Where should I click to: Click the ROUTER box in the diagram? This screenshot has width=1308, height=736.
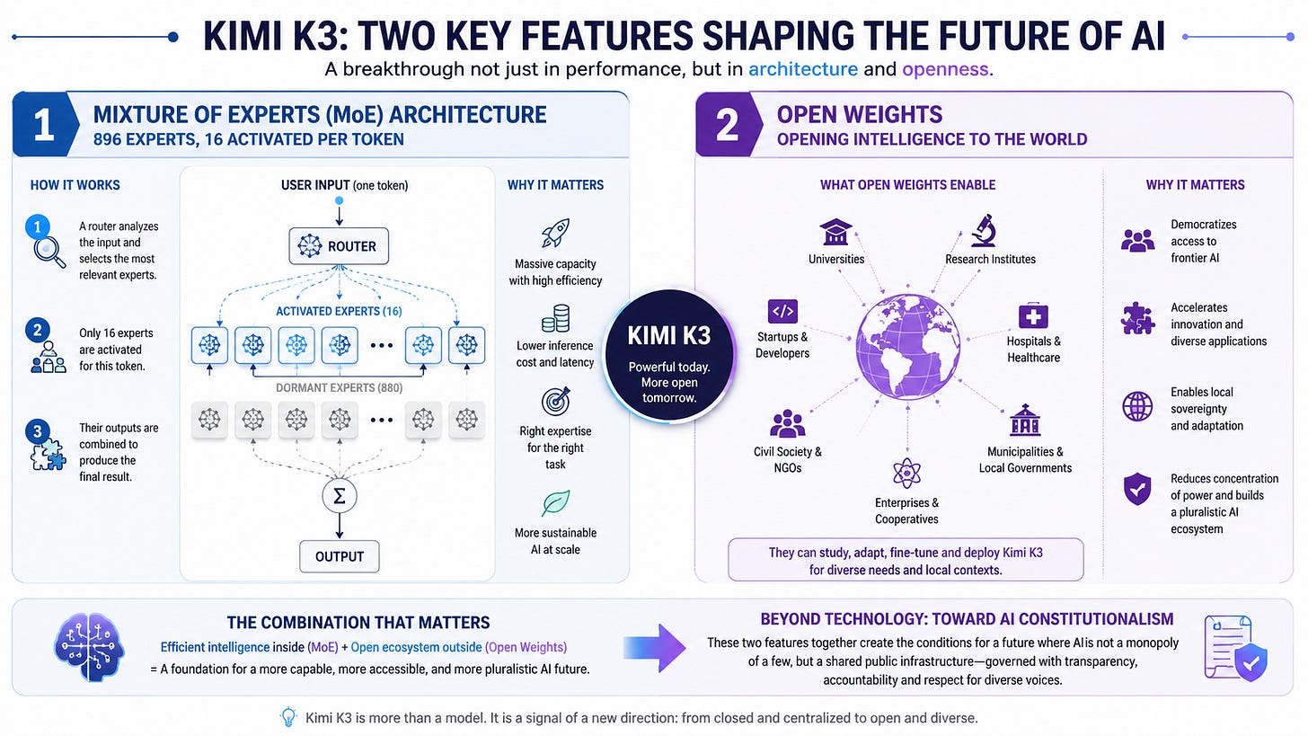coord(339,246)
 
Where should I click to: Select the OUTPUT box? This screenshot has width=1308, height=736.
coord(340,556)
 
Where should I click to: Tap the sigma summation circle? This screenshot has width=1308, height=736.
coord(340,496)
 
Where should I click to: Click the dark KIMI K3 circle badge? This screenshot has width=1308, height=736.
coord(669,356)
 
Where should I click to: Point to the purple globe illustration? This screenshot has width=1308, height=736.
coord(908,347)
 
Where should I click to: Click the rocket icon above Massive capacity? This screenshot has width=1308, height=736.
coord(555,233)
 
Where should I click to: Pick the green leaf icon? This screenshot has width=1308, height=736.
coord(555,503)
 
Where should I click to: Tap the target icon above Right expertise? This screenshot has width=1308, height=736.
coord(555,401)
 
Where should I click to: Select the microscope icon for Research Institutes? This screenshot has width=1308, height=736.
coord(984,230)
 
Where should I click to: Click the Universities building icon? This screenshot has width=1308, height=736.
coord(835,231)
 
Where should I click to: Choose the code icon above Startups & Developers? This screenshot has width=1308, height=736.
coord(782,311)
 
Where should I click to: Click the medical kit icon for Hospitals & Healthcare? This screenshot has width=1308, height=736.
coord(1033,315)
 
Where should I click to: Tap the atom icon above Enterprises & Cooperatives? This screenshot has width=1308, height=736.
coord(906,473)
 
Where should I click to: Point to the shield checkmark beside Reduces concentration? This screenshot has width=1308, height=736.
coord(1137,489)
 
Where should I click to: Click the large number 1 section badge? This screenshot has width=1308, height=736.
coord(45,124)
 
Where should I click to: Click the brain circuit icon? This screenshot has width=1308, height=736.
coord(89,647)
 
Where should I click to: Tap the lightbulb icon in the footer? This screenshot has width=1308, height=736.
coord(288,717)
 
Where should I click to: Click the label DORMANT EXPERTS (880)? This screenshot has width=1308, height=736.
coord(340,388)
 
